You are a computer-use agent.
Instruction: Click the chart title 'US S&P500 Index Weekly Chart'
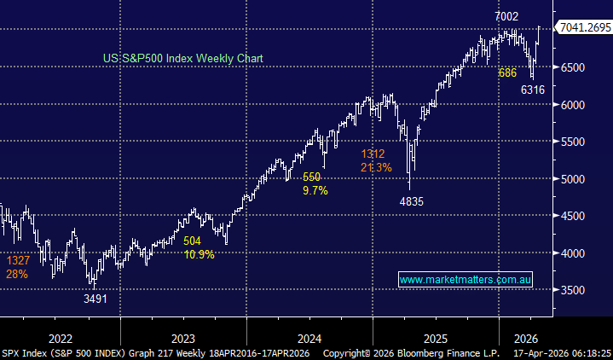[x=182, y=58]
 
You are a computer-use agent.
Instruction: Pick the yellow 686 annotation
[x=508, y=74]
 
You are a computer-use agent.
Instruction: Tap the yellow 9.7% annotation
[x=315, y=190]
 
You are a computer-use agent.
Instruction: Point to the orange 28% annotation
[x=17, y=274]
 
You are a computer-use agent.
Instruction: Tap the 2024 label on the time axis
[x=309, y=336]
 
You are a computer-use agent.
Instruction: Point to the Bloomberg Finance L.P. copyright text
[x=424, y=351]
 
